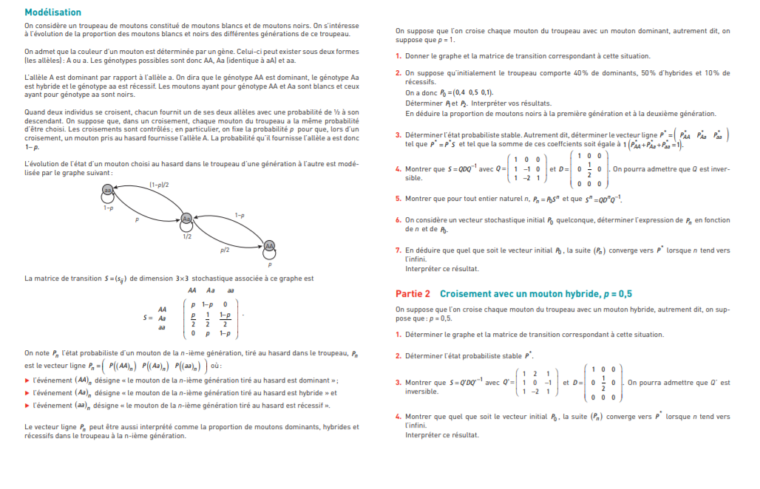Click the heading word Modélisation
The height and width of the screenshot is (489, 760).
[52, 13]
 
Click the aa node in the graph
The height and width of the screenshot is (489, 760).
[109, 190]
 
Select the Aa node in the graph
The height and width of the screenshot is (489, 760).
[187, 219]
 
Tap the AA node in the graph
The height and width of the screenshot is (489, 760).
[269, 245]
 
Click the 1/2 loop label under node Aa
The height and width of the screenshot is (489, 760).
[187, 236]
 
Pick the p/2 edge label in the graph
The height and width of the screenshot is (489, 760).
[225, 250]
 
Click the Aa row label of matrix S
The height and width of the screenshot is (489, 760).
[162, 318]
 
